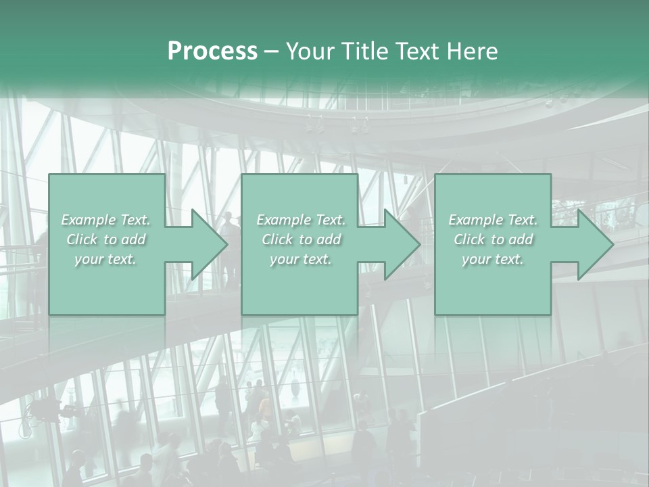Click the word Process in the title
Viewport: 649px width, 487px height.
[212, 51]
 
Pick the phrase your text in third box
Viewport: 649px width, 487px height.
[493, 259]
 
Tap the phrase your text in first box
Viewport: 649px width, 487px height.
[105, 259]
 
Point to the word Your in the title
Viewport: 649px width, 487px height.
[309, 51]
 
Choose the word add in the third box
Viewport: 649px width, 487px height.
[521, 239]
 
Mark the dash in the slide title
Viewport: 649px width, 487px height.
[271, 51]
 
